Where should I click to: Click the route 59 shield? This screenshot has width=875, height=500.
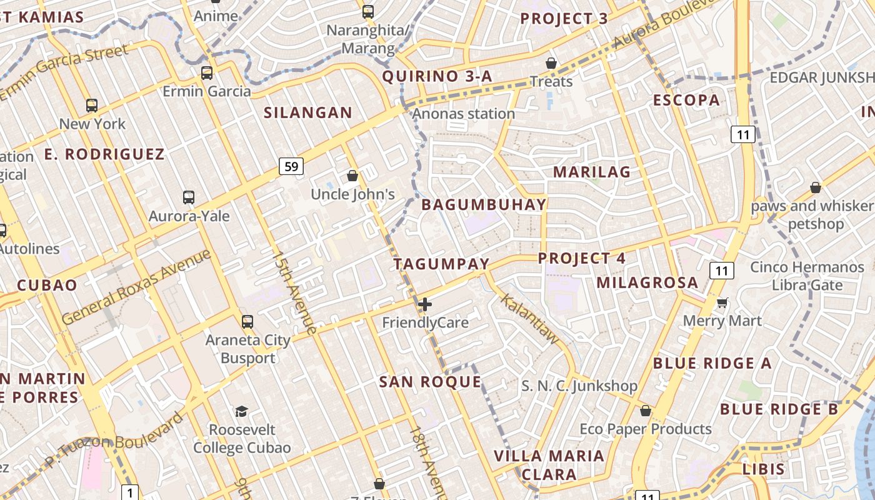pyautogui.click(x=291, y=166)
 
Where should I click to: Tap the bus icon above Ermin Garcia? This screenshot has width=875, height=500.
pyautogui.click(x=207, y=73)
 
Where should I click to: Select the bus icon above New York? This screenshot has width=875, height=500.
pyautogui.click(x=92, y=106)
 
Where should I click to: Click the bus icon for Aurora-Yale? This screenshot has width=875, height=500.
pyautogui.click(x=189, y=197)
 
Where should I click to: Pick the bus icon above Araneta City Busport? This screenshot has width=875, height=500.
pyautogui.click(x=247, y=322)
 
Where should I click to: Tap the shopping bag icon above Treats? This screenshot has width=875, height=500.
pyautogui.click(x=551, y=63)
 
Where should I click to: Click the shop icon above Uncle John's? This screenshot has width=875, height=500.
pyautogui.click(x=352, y=176)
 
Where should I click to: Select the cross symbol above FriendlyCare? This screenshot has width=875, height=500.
pyautogui.click(x=425, y=304)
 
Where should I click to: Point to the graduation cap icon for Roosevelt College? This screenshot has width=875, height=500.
pyautogui.click(x=241, y=411)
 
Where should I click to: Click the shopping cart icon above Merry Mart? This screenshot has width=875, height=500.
pyautogui.click(x=722, y=303)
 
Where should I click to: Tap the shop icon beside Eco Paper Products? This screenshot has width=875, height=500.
pyautogui.click(x=646, y=411)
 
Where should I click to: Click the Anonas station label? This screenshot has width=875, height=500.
pyautogui.click(x=463, y=114)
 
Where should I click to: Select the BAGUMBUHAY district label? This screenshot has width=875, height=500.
pyautogui.click(x=484, y=204)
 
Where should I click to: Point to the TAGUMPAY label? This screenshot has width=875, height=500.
pyautogui.click(x=441, y=264)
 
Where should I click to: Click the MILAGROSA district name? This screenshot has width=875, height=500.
pyautogui.click(x=647, y=282)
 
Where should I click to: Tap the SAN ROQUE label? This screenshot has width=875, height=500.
pyautogui.click(x=430, y=382)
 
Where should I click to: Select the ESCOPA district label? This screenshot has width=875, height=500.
pyautogui.click(x=686, y=100)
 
